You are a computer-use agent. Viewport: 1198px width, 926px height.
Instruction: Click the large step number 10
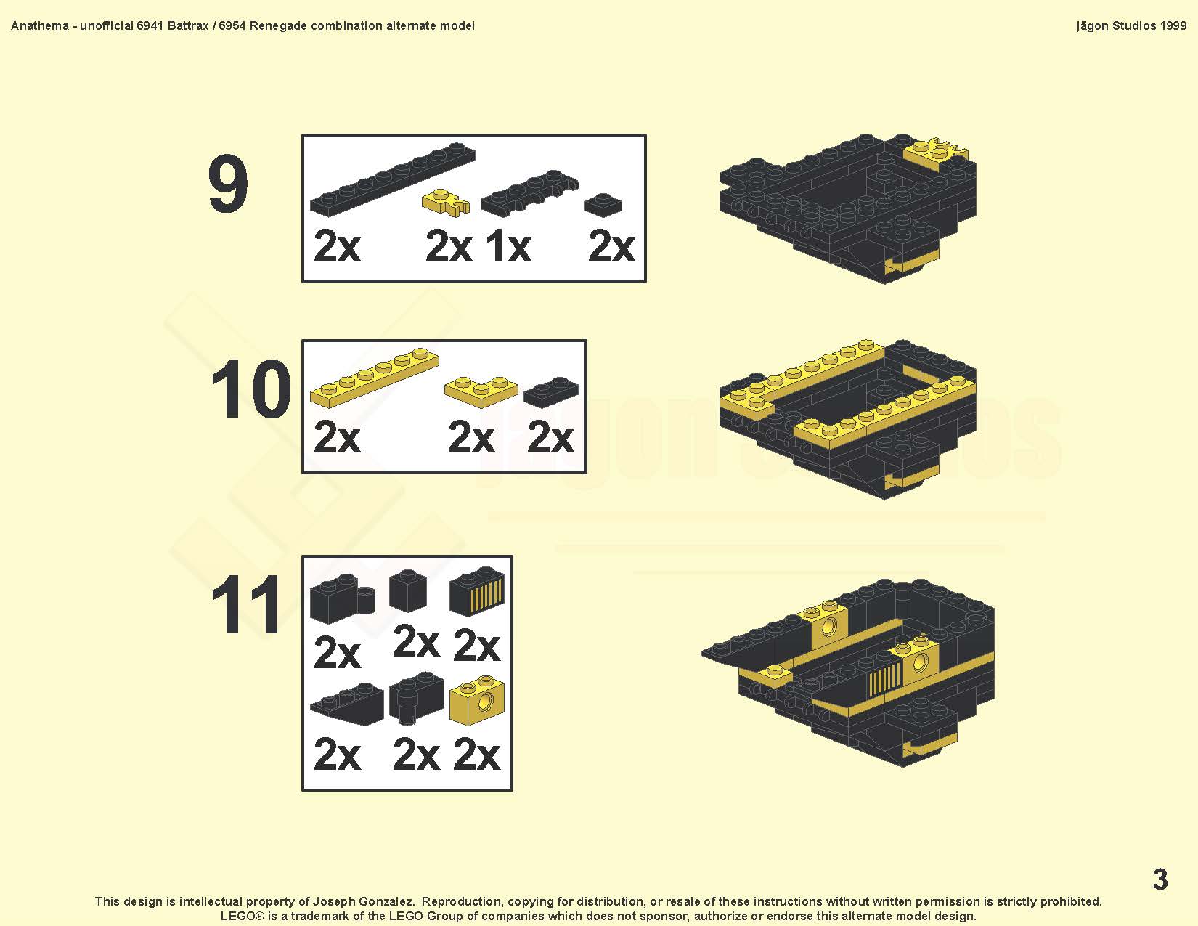coord(250,389)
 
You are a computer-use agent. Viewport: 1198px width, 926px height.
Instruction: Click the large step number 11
coord(246,604)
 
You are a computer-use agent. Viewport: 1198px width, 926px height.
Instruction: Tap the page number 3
coord(1160,879)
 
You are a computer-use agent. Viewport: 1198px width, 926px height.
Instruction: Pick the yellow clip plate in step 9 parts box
coord(446,203)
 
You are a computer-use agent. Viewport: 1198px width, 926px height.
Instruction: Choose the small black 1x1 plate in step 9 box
coord(603,204)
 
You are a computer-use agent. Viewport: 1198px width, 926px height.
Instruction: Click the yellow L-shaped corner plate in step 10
coord(481,391)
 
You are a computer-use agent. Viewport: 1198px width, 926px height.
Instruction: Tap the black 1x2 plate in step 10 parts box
coord(551,392)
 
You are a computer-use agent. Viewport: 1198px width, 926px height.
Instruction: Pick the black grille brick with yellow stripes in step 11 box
coord(477,591)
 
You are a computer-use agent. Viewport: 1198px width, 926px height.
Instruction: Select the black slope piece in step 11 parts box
coord(347,704)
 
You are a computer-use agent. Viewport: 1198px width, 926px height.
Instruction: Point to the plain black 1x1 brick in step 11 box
coord(408,590)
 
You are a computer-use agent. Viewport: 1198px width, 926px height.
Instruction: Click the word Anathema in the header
coord(40,26)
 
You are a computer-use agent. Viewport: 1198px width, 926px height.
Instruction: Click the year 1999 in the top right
coord(1173,26)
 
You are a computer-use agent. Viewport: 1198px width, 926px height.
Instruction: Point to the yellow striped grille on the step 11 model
coord(885,678)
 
